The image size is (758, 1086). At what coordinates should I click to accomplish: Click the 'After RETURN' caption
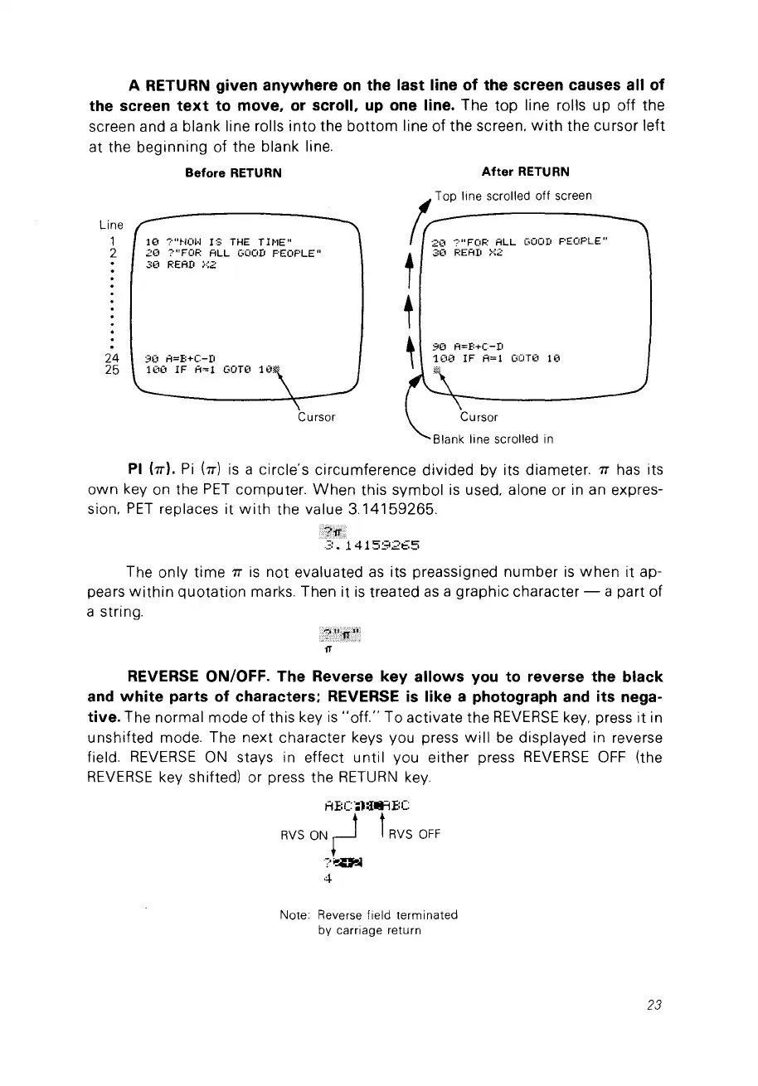click(525, 172)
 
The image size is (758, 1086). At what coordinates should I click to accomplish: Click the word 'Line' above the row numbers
click(110, 225)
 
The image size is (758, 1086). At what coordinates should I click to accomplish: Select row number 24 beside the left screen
click(110, 358)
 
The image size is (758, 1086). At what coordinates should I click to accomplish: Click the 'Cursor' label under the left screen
click(316, 416)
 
